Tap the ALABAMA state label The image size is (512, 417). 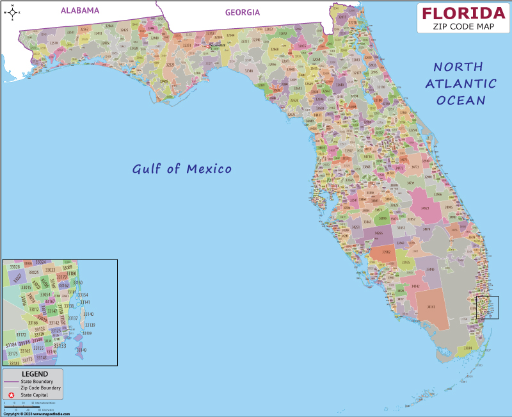click(80, 10)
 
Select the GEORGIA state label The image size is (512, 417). click(243, 12)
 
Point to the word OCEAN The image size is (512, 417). click(461, 100)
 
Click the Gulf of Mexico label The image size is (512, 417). click(182, 169)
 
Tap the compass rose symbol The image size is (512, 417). click(11, 12)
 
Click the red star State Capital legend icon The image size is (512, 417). click(11, 395)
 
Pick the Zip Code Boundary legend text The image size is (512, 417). click(41, 388)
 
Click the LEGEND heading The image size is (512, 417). click(35, 374)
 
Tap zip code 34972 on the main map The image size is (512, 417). click(425, 208)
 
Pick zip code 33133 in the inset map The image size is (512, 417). click(60, 345)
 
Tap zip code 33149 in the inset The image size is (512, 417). click(81, 350)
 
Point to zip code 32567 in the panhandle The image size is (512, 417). click(84, 29)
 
